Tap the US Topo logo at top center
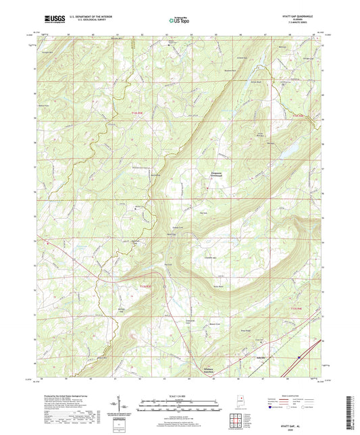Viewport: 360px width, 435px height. click(178, 21)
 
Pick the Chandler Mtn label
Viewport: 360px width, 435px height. click(209, 259)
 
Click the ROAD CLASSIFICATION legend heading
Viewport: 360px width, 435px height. click(285, 394)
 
